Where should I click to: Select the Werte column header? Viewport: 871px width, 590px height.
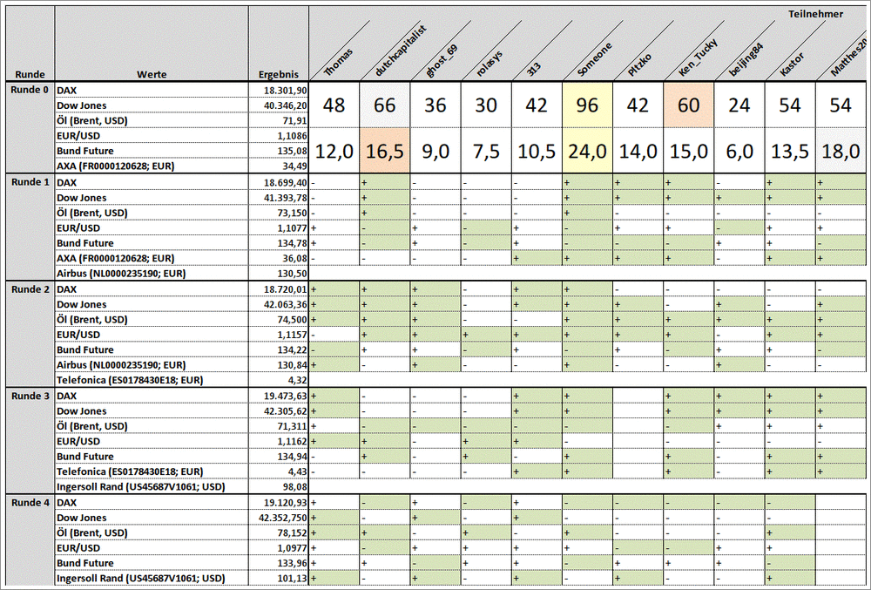pyautogui.click(x=152, y=75)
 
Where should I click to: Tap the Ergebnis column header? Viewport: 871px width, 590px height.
pyautogui.click(x=279, y=75)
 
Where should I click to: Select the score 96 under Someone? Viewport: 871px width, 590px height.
pyautogui.click(x=588, y=105)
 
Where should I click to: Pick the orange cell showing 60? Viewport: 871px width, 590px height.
pyautogui.click(x=689, y=105)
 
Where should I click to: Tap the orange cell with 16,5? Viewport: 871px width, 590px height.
pyautogui.click(x=386, y=151)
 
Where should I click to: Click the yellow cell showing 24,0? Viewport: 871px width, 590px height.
pyautogui.click(x=588, y=151)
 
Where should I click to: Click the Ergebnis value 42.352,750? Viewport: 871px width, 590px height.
pyautogui.click(x=283, y=518)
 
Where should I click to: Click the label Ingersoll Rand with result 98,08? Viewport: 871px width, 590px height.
pyautogui.click(x=140, y=486)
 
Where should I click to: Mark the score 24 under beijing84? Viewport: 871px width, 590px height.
pyautogui.click(x=739, y=105)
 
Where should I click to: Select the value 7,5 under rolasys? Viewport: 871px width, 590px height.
pyautogui.click(x=487, y=151)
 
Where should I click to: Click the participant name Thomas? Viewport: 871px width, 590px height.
pyautogui.click(x=339, y=59)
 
